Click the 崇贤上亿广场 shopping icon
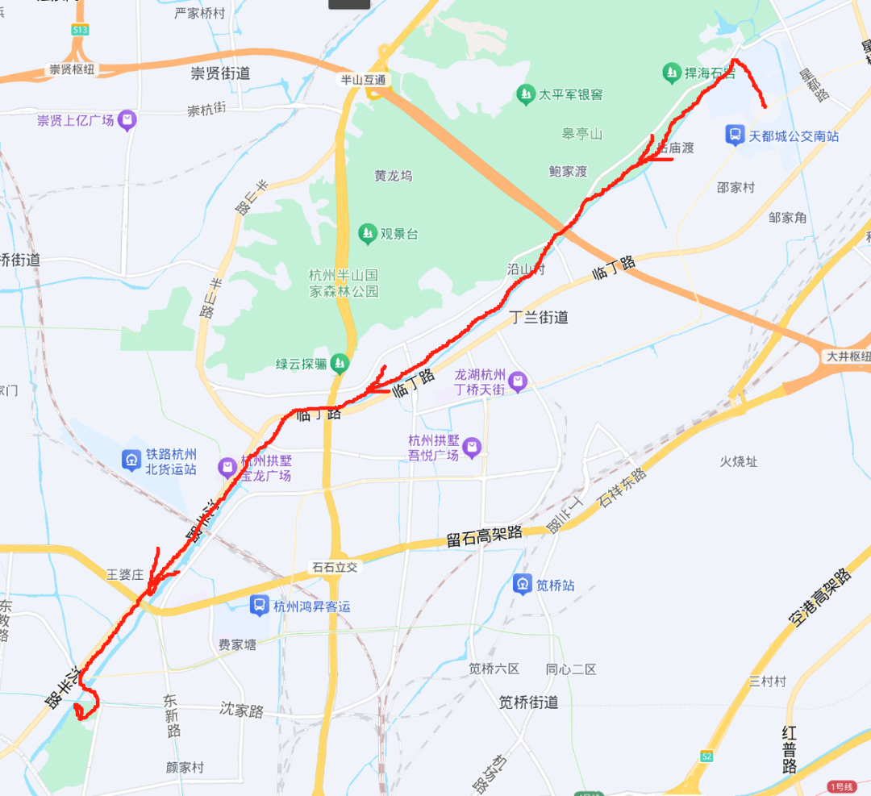127,121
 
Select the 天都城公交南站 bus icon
735,135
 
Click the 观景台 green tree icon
368,234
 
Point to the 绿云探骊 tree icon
340,364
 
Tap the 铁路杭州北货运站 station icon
131,461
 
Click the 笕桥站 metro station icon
523,585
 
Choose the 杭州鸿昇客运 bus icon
259,606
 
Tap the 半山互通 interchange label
363,80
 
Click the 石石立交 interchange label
335,567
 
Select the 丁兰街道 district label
539,317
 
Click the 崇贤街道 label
220,73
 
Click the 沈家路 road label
242,711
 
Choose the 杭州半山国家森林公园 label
344,282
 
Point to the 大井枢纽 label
848,356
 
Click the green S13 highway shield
79,30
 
